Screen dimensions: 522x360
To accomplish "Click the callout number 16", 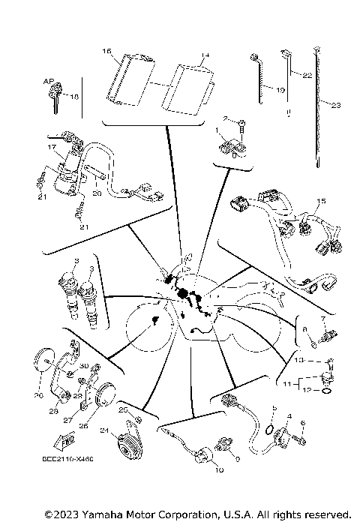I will pyautogui.click(x=107, y=51).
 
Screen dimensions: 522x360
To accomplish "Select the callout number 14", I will pyautogui.click(x=205, y=55).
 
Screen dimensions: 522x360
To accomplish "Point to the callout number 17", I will pyautogui.click(x=52, y=148).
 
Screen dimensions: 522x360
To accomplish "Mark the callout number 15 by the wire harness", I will pyautogui.click(x=322, y=201).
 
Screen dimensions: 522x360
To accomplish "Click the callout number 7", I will pyautogui.click(x=325, y=319).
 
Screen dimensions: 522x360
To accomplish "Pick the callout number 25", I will pyautogui.click(x=122, y=409).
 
